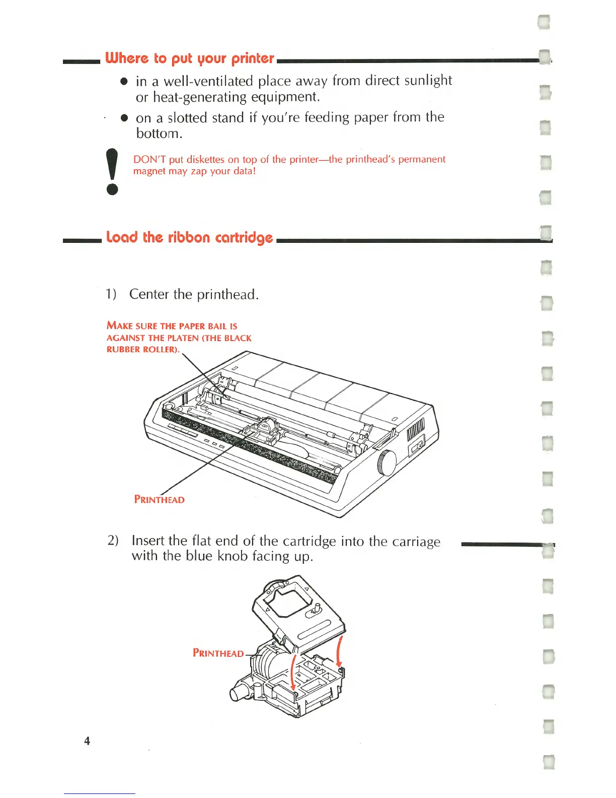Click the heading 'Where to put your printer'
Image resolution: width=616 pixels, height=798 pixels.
pyautogui.click(x=189, y=58)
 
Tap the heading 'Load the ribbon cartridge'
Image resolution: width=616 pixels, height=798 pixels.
pyautogui.click(x=189, y=237)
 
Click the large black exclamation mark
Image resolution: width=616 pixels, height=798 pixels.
pyautogui.click(x=113, y=172)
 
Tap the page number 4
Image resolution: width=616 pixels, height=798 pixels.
pyautogui.click(x=87, y=741)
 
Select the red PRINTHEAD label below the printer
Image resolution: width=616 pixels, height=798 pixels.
pyautogui.click(x=159, y=500)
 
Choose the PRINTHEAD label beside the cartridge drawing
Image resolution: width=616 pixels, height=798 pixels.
pyautogui.click(x=218, y=653)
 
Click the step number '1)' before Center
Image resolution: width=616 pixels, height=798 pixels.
pyautogui.click(x=111, y=294)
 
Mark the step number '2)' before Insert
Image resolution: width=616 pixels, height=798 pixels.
pyautogui.click(x=113, y=541)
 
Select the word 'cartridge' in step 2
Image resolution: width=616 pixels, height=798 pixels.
pyautogui.click(x=310, y=542)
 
